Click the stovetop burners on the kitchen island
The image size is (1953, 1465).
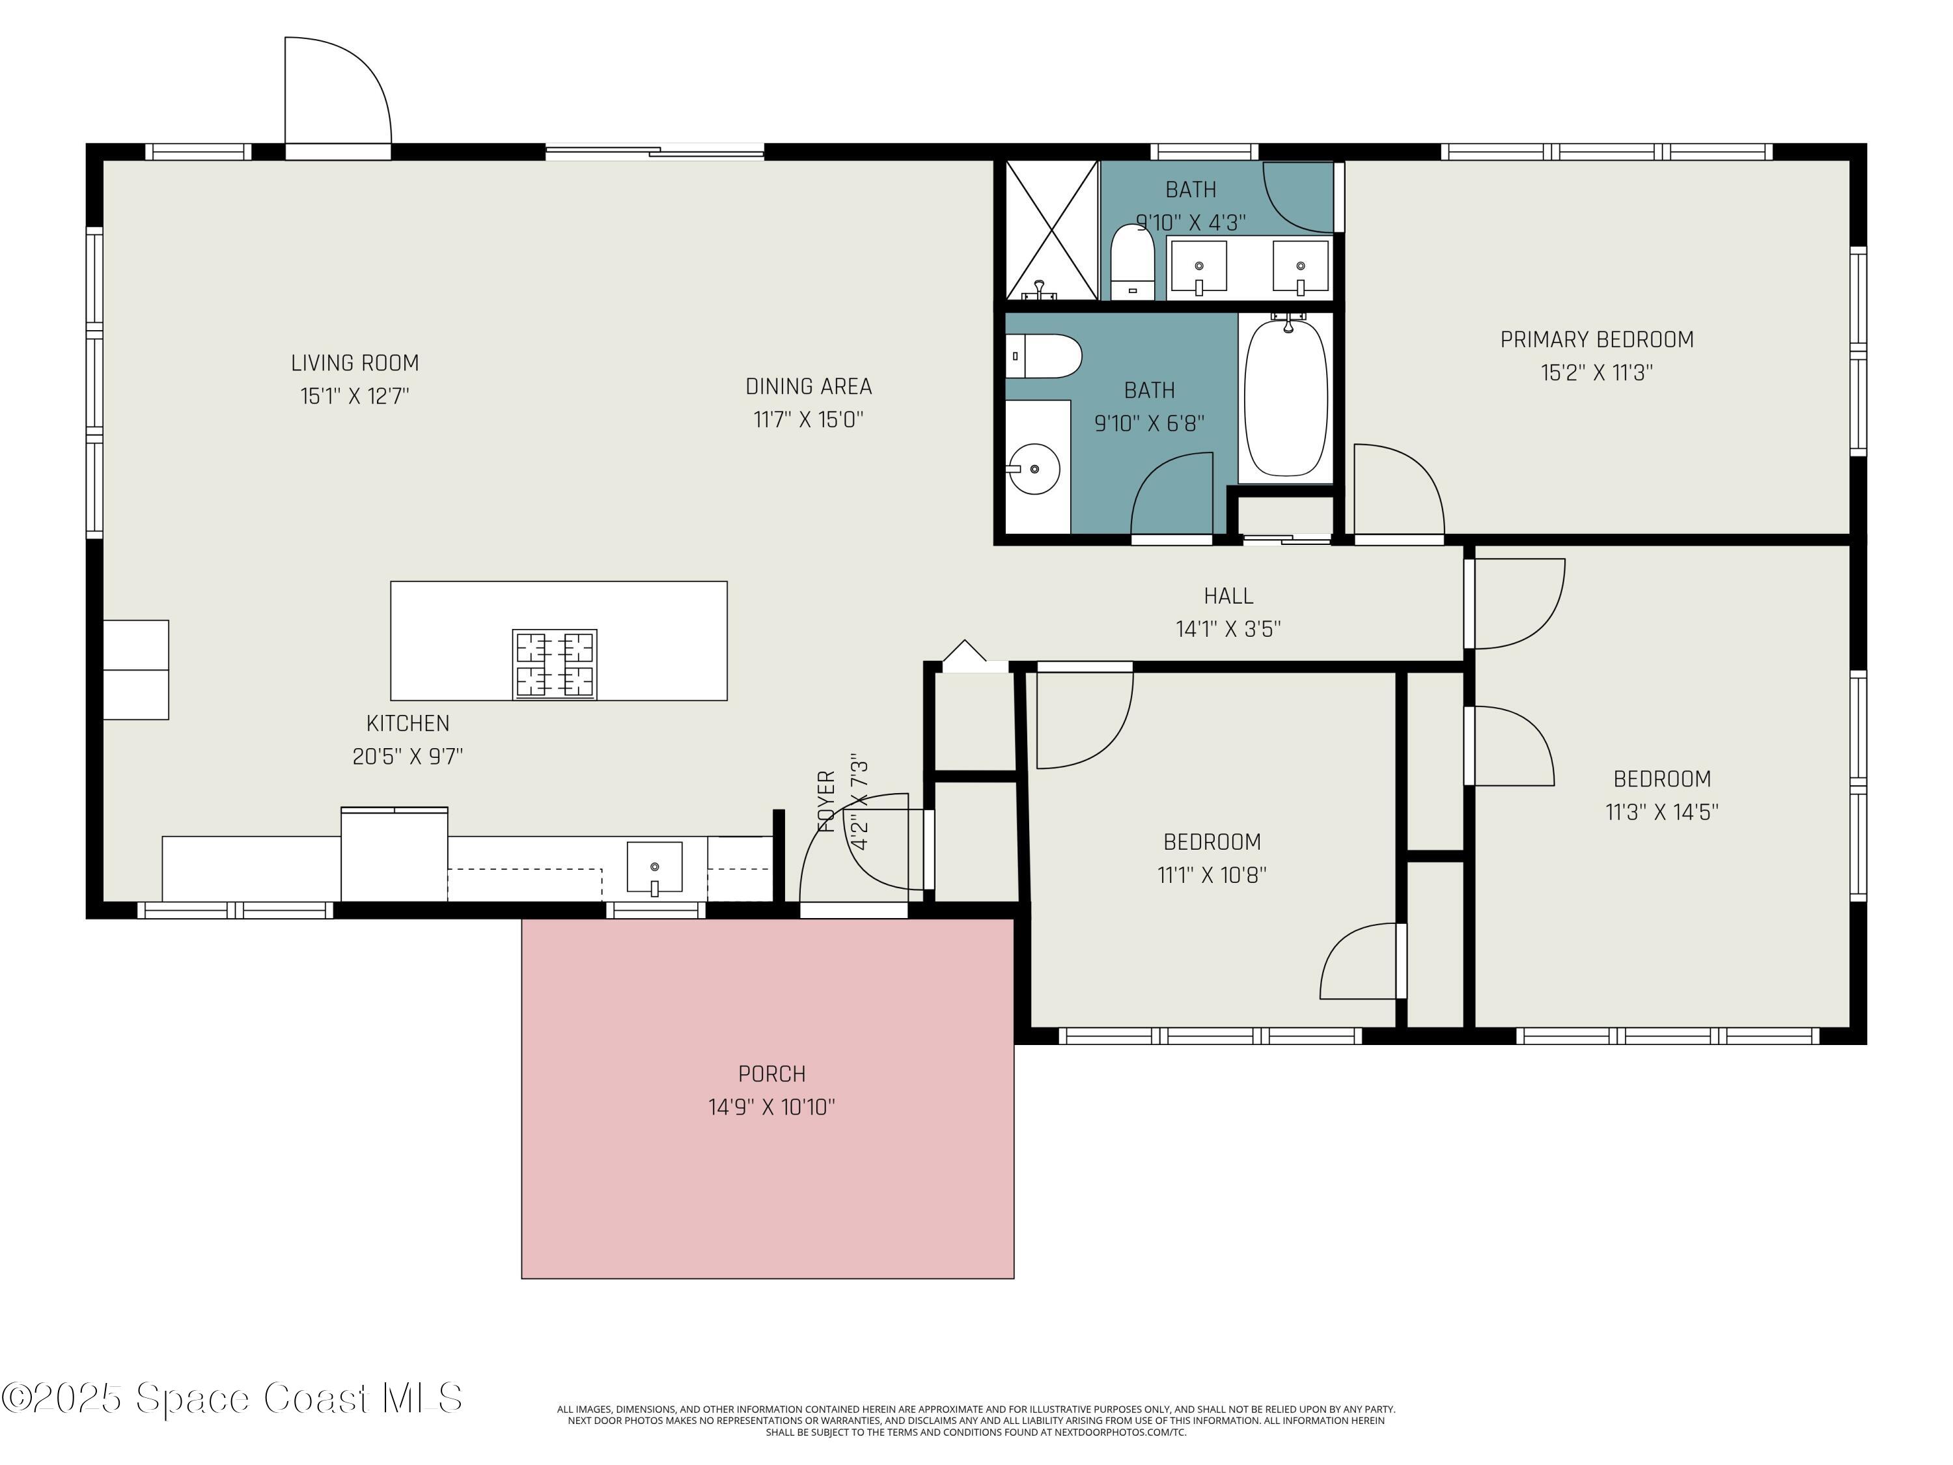pyautogui.click(x=555, y=664)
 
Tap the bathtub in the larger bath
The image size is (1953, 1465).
pyautogui.click(x=1286, y=397)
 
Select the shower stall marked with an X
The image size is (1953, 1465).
pyautogui.click(x=1051, y=230)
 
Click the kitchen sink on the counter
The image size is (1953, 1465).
pyautogui.click(x=654, y=867)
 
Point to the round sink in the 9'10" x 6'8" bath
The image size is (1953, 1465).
pyautogui.click(x=1034, y=468)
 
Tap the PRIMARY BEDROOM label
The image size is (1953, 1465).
pyautogui.click(x=1596, y=339)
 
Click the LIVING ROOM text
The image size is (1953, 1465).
pyautogui.click(x=355, y=363)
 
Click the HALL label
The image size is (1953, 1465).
pyautogui.click(x=1228, y=596)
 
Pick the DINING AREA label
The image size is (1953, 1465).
pyautogui.click(x=808, y=387)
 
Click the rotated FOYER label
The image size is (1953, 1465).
pyautogui.click(x=826, y=802)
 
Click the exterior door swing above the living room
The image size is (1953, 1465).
pyautogui.click(x=338, y=92)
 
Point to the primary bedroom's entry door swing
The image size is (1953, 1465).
pyautogui.click(x=1398, y=490)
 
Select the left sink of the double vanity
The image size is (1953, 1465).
pyautogui.click(x=1198, y=266)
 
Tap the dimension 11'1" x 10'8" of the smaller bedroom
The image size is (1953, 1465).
pyautogui.click(x=1212, y=875)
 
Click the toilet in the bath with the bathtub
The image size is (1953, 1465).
pyautogui.click(x=1044, y=356)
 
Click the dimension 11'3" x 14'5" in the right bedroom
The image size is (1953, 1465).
pyautogui.click(x=1661, y=813)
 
